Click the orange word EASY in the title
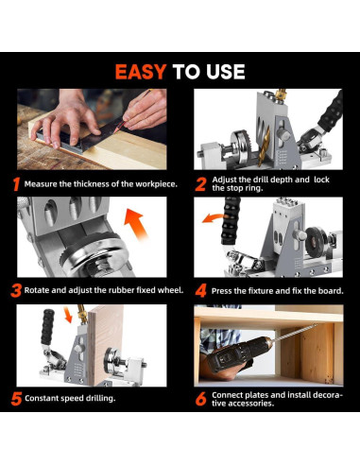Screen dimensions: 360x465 141,72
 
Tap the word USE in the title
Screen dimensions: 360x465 226,72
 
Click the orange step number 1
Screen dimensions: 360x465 17,184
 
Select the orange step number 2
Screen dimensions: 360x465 200,184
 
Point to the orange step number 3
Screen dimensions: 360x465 16,290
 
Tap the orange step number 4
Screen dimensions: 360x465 200,290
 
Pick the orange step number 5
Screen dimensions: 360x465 16,399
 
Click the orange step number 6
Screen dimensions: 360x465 200,399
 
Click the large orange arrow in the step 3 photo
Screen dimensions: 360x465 135,223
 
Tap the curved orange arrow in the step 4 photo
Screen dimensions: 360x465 213,217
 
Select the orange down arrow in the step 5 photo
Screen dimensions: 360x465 68,315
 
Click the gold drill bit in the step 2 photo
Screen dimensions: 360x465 263,146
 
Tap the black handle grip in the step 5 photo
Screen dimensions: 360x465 47,327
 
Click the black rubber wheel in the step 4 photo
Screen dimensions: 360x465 317,241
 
